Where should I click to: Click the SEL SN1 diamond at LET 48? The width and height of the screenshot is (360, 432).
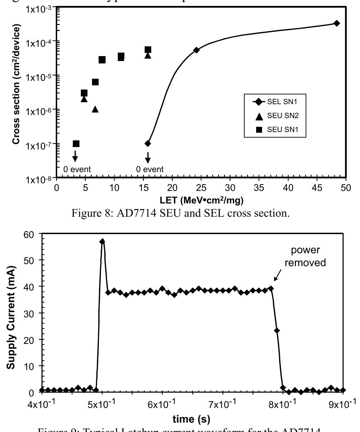coord(337,23)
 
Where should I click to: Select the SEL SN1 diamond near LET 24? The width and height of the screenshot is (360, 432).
coord(196,50)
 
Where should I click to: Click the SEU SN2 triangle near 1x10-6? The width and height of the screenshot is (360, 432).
coord(95,109)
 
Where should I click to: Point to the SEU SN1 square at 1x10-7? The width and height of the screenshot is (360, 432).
coord(76,144)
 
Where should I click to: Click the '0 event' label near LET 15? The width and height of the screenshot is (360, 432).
coord(150,169)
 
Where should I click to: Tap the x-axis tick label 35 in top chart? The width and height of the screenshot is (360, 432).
coord(259,188)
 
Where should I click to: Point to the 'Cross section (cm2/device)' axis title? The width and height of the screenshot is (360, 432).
coord(16,84)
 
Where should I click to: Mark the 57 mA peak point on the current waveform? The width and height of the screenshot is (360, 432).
coord(102,241)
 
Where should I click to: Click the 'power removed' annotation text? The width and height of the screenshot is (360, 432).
coord(305,256)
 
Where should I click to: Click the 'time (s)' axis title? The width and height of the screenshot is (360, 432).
coord(192,419)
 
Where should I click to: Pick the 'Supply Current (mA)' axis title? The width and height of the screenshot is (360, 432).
coord(11,314)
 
